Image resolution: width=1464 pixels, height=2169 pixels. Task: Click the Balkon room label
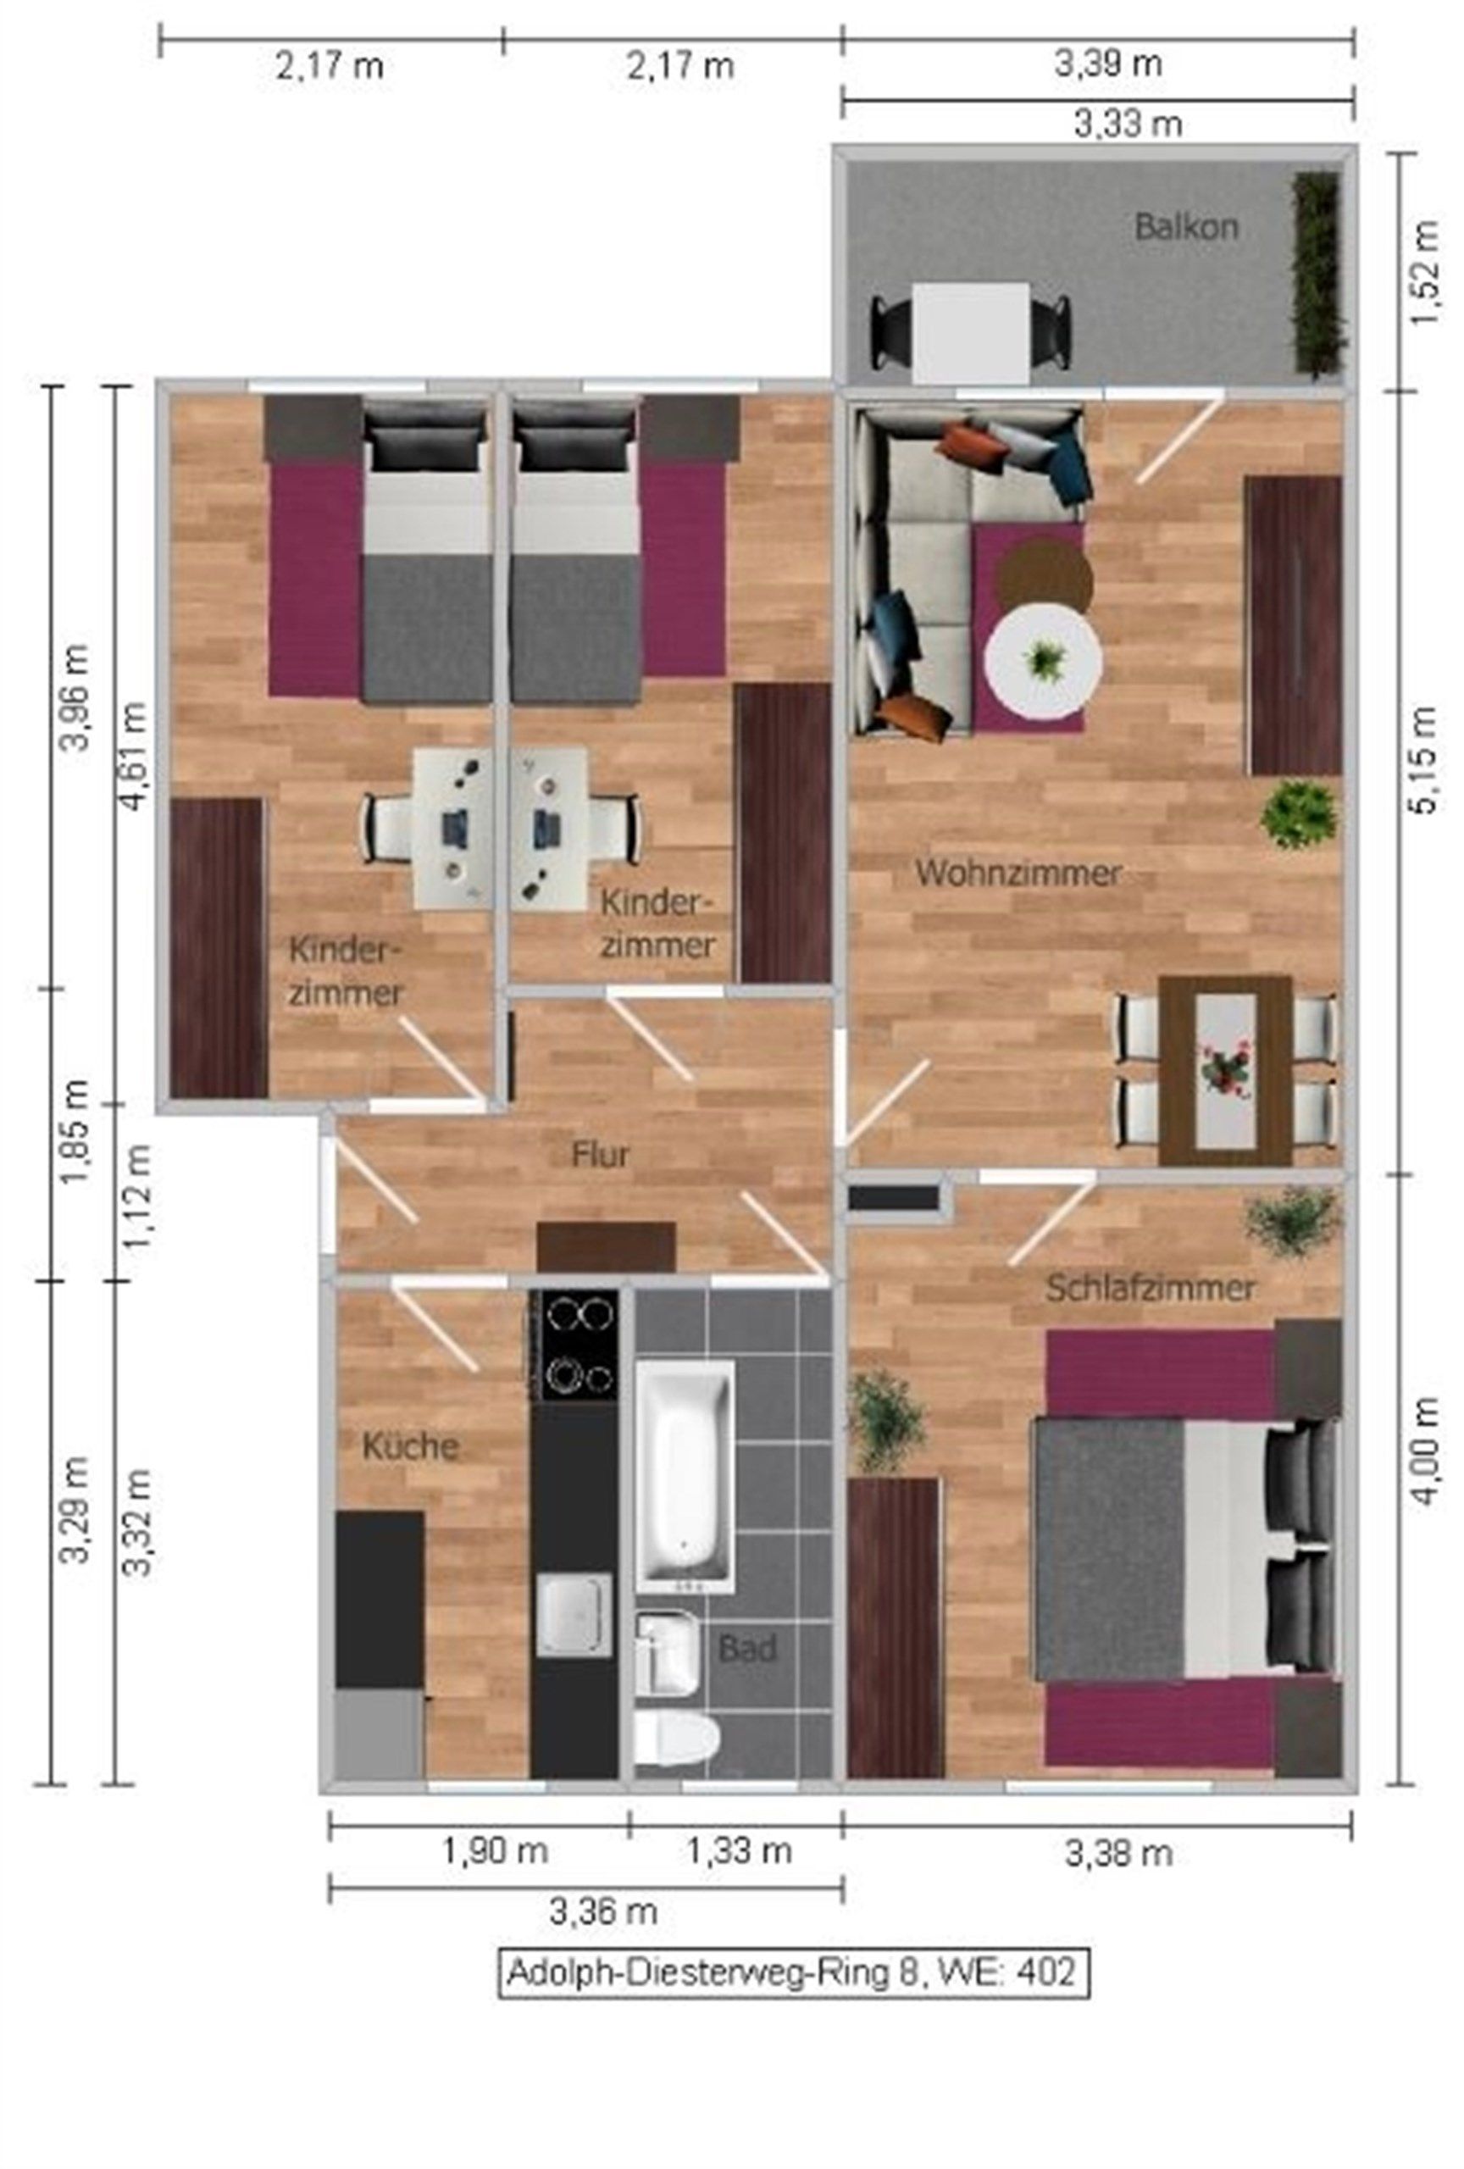click(x=1185, y=227)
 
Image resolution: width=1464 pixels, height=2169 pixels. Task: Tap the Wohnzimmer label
click(x=1017, y=874)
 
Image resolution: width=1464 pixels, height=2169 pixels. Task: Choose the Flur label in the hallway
click(x=600, y=1155)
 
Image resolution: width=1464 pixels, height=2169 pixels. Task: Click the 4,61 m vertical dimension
click(x=136, y=756)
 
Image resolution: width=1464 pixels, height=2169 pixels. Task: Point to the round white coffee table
click(x=1043, y=661)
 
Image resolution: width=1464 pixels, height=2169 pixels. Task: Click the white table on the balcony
click(x=971, y=332)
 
